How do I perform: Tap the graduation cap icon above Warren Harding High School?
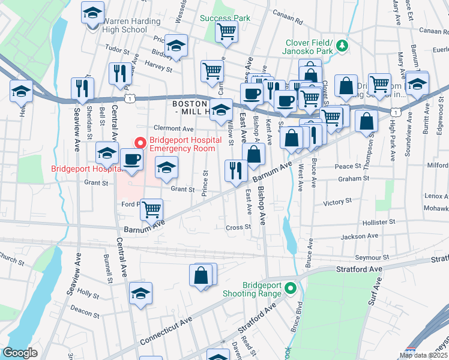[x=92, y=13]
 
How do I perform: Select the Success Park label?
[x=225, y=18]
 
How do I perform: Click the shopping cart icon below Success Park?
[x=226, y=31]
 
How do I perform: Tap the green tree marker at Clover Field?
[x=342, y=45]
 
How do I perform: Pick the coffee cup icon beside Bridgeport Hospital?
[x=131, y=160]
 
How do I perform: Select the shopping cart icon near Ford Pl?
[x=152, y=210]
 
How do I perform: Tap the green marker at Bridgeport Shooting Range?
[x=291, y=289]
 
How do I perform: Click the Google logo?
[x=20, y=353]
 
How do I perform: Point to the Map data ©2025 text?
[x=423, y=355]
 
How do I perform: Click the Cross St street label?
[x=238, y=227]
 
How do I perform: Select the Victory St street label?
[x=337, y=203]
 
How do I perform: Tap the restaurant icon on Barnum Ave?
[x=235, y=170]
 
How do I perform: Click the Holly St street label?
[x=88, y=294]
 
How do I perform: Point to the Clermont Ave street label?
[x=173, y=128]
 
